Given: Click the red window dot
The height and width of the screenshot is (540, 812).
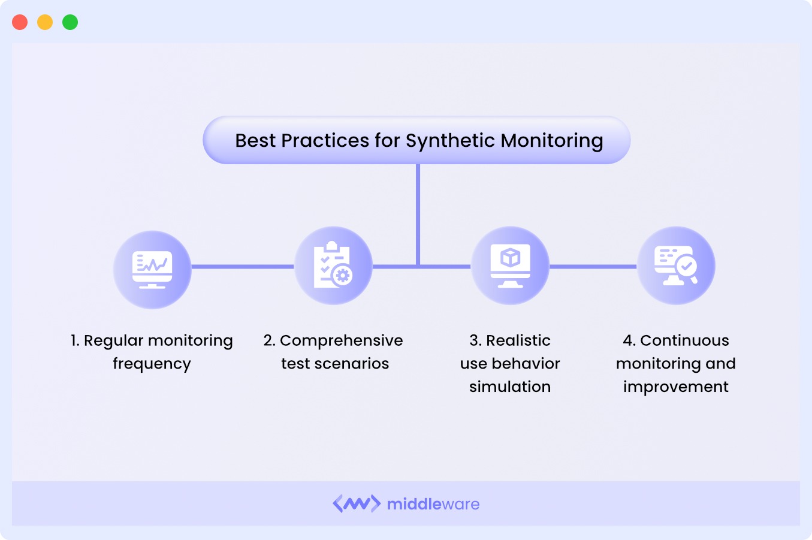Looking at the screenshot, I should pyautogui.click(x=20, y=22).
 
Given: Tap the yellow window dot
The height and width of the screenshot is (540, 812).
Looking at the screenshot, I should pyautogui.click(x=45, y=22).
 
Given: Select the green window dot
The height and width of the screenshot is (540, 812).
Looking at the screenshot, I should pyautogui.click(x=70, y=22).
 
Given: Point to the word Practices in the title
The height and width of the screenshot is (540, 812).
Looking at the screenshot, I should pyautogui.click(x=325, y=140).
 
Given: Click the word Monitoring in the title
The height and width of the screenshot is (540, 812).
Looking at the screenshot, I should pyautogui.click(x=552, y=141).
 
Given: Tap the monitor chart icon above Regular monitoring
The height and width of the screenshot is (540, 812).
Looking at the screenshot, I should pyautogui.click(x=152, y=269).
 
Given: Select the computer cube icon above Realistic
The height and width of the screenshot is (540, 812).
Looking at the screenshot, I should pyautogui.click(x=510, y=265).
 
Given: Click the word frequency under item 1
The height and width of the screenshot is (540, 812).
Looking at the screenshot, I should pyautogui.click(x=152, y=364).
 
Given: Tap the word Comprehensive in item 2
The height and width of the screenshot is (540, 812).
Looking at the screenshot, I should pyautogui.click(x=341, y=340).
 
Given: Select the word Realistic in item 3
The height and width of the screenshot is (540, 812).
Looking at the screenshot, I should pyautogui.click(x=518, y=340).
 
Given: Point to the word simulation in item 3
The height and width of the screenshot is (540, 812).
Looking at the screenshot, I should pyautogui.click(x=510, y=387).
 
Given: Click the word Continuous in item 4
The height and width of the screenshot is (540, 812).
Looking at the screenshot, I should pyautogui.click(x=684, y=340).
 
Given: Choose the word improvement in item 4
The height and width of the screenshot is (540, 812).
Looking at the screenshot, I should pyautogui.click(x=676, y=387).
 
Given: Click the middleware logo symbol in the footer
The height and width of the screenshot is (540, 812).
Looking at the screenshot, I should pyautogui.click(x=357, y=503).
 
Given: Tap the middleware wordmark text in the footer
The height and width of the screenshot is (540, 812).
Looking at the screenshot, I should pyautogui.click(x=433, y=504).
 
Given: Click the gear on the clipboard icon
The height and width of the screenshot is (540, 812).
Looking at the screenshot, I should pyautogui.click(x=343, y=275).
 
